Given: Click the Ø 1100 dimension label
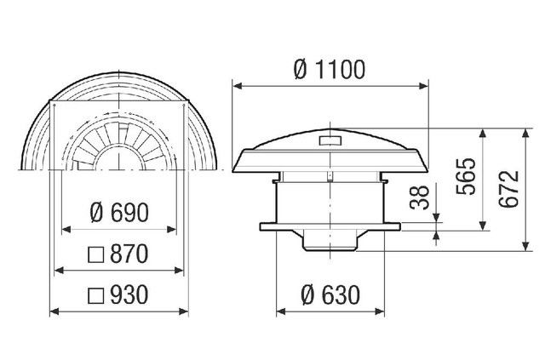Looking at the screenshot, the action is click(x=330, y=69).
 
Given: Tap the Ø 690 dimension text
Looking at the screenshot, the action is click(x=119, y=213).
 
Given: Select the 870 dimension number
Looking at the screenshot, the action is click(x=129, y=254).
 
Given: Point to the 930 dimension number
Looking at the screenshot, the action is click(x=129, y=295).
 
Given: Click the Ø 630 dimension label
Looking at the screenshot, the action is click(x=330, y=295).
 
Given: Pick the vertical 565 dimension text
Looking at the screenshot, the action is click(x=466, y=176).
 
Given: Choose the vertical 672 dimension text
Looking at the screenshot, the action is click(x=509, y=190).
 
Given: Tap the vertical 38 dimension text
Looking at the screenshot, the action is click(x=420, y=197).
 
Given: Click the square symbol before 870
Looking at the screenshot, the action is click(x=96, y=255).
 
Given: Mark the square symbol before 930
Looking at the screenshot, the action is click(x=96, y=295).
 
